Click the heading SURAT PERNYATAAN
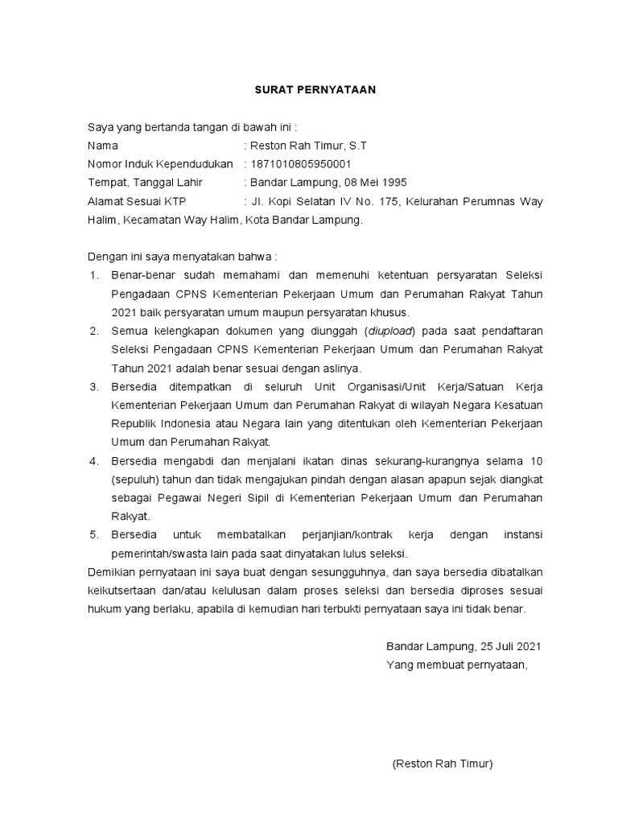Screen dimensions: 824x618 (x=310, y=90)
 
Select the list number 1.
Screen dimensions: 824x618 (x=93, y=275)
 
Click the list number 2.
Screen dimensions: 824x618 (x=93, y=331)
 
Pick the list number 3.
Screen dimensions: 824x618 (x=93, y=386)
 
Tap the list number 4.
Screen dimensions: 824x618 (x=93, y=460)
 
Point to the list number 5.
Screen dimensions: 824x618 (x=93, y=534)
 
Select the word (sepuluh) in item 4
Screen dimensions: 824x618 (x=134, y=479)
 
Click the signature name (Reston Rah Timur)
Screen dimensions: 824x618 (x=442, y=764)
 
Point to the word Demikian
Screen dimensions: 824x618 (x=110, y=572)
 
